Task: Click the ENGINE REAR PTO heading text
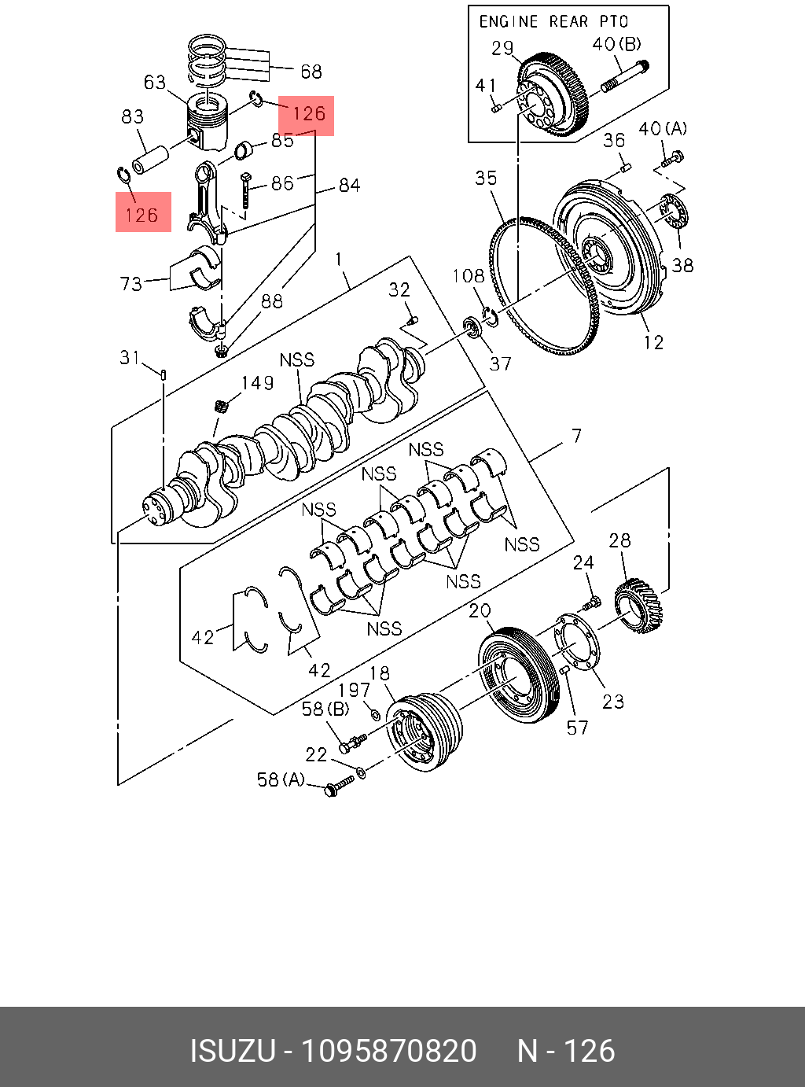(553, 21)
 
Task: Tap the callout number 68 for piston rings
(311, 72)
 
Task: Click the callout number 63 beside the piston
(155, 83)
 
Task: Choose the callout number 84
(349, 186)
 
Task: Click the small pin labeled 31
(163, 373)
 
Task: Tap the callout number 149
(257, 383)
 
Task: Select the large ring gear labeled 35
(542, 283)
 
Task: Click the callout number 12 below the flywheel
(653, 342)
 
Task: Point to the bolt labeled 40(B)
(625, 76)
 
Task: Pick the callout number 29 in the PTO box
(502, 48)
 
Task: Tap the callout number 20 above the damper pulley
(480, 610)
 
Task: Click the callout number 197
(354, 690)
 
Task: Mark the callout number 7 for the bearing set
(577, 436)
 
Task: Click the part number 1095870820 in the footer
(390, 1051)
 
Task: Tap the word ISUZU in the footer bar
(233, 1051)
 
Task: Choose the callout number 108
(469, 276)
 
